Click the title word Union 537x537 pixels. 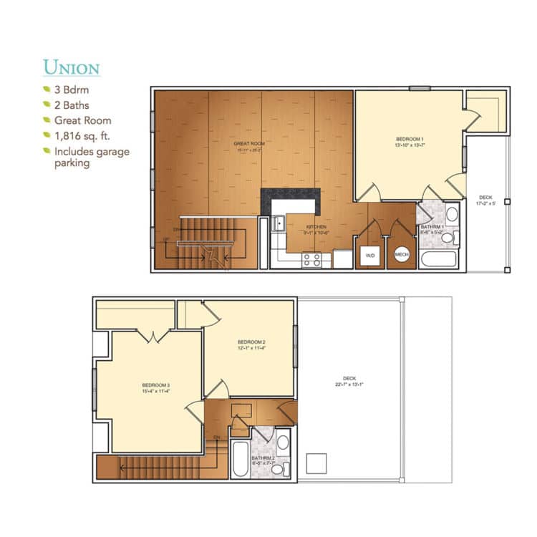point(71,67)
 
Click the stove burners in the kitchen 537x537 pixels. point(312,259)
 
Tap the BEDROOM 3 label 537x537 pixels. point(155,387)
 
